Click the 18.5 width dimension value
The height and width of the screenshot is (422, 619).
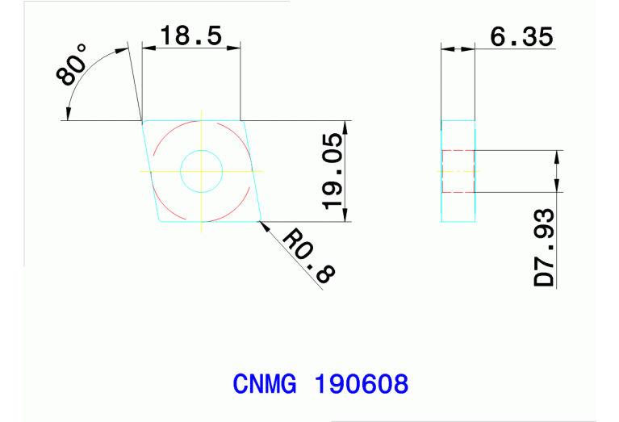tap(190, 36)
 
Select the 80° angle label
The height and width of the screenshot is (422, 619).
tap(73, 66)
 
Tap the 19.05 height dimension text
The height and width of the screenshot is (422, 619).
tap(333, 171)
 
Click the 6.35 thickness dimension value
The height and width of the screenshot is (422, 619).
tap(521, 36)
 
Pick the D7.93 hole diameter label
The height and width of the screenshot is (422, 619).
tap(546, 247)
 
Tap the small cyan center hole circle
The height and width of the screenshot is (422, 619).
tap(201, 170)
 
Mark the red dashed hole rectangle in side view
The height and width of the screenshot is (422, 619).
tap(458, 171)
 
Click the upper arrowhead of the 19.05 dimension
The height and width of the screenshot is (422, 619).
tap(347, 126)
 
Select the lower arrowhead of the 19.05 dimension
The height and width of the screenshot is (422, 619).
tap(347, 215)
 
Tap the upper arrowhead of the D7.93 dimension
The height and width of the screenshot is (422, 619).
tap(557, 156)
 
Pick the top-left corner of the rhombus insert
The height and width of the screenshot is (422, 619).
tap(143, 122)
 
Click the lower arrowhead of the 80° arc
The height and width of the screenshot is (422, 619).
tap(69, 115)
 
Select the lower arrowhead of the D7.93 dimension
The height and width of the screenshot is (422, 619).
tap(557, 186)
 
